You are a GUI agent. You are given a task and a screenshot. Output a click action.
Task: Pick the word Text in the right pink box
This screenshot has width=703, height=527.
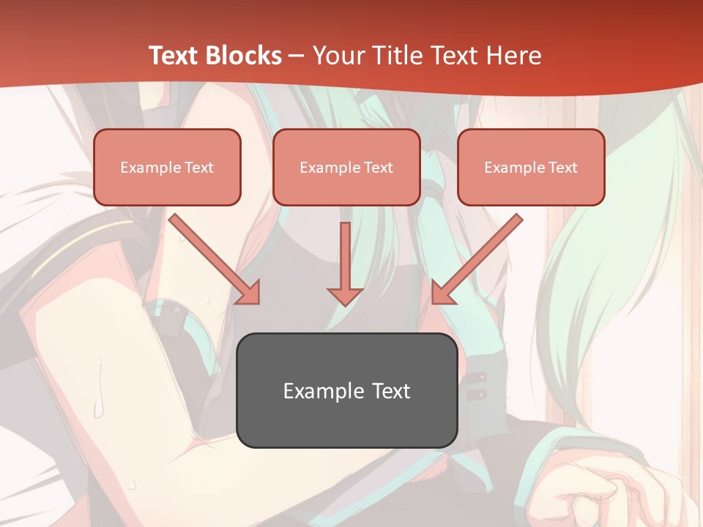point(562,168)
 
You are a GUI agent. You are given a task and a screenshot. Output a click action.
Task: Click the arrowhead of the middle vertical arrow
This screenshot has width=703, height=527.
point(345,296)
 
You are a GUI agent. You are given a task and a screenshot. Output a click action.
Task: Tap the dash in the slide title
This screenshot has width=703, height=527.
point(297,56)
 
